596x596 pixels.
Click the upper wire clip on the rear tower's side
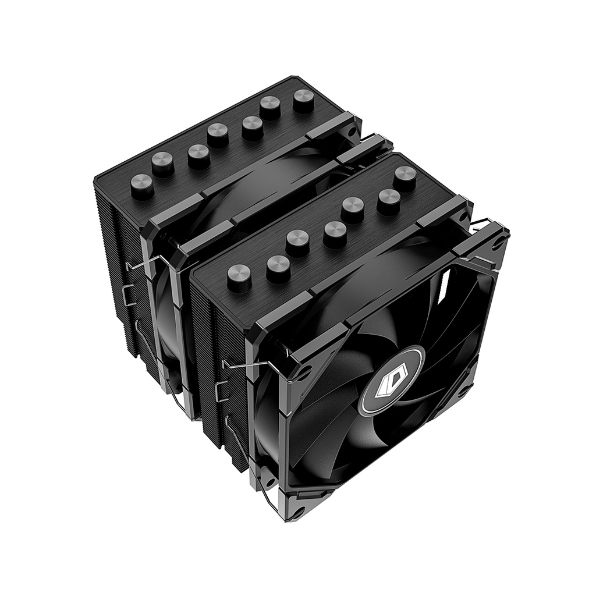(x=140, y=267)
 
